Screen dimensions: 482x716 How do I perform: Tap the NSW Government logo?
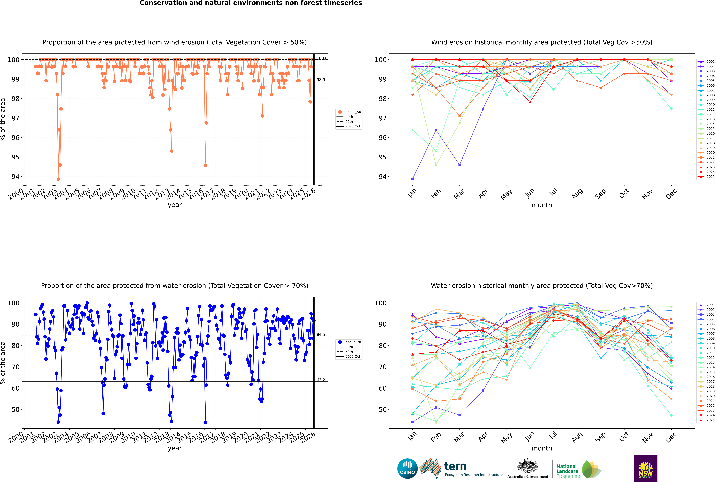pyautogui.click(x=645, y=468)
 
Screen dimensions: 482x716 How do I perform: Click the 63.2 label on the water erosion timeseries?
pyautogui.click(x=321, y=380)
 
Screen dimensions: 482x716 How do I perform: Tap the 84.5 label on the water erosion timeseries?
pyautogui.click(x=321, y=334)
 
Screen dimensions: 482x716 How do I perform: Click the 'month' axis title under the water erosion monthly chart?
pyautogui.click(x=542, y=448)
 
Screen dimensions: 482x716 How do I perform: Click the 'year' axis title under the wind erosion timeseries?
pyautogui.click(x=175, y=205)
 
